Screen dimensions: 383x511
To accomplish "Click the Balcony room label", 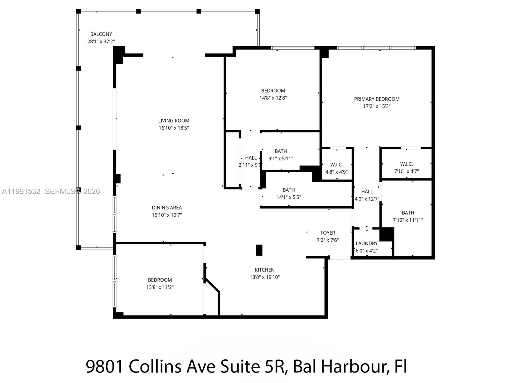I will point(101,34).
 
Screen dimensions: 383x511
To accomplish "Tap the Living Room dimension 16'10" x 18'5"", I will point(174,128).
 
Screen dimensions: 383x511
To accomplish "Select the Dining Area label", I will point(167,208).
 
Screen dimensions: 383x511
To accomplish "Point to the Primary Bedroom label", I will point(377,99).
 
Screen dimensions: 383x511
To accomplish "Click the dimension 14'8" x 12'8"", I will point(273,98).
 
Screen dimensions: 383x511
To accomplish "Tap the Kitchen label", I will point(264,270).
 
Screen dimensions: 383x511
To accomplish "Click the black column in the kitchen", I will point(259,250).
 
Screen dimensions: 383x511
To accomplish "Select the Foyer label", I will point(328,233).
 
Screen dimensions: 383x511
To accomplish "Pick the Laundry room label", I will point(367,244).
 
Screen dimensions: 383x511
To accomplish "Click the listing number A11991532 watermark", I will point(21,191).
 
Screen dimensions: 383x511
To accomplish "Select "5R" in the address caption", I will point(274,366).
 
